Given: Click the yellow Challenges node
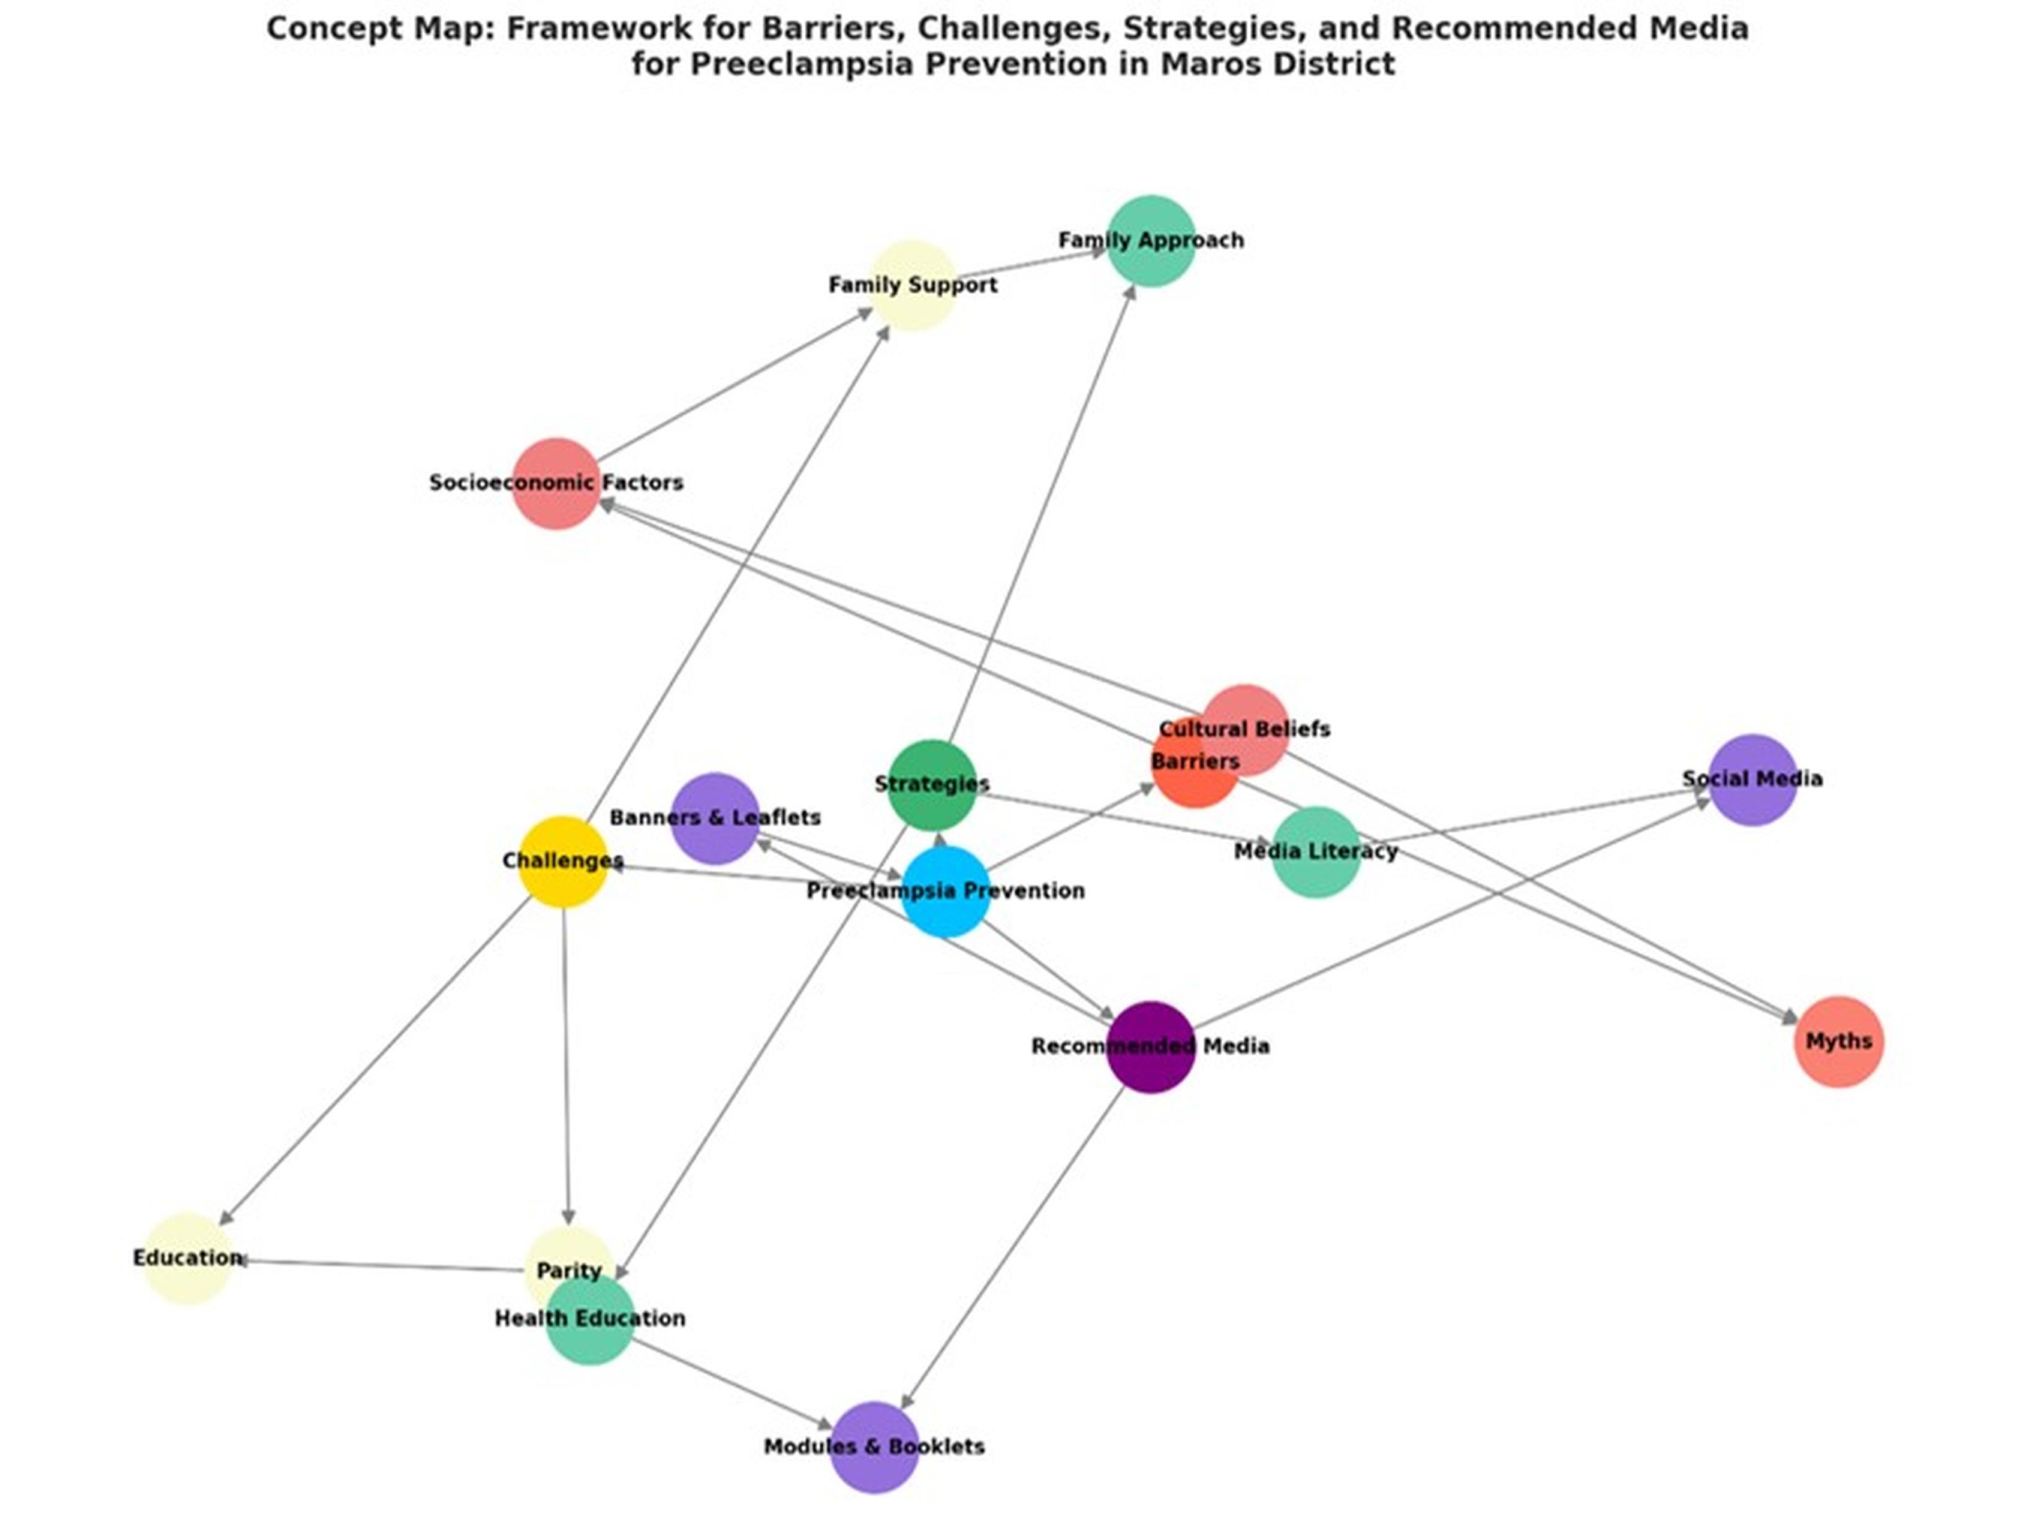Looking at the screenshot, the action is (563, 862).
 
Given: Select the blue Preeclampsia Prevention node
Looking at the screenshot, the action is (946, 892).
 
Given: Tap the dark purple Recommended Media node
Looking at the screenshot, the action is (1151, 1047).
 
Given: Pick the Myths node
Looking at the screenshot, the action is (1838, 1041).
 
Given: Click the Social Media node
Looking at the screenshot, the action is (1752, 780).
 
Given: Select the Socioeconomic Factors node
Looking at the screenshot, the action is (556, 483).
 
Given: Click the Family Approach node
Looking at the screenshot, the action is (1151, 241).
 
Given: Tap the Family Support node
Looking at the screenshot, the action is (912, 286).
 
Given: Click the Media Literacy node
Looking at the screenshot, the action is (1316, 853).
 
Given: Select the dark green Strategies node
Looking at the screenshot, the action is (932, 784).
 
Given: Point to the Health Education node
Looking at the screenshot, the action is (590, 1320).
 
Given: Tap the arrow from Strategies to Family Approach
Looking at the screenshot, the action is (1042, 514).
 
